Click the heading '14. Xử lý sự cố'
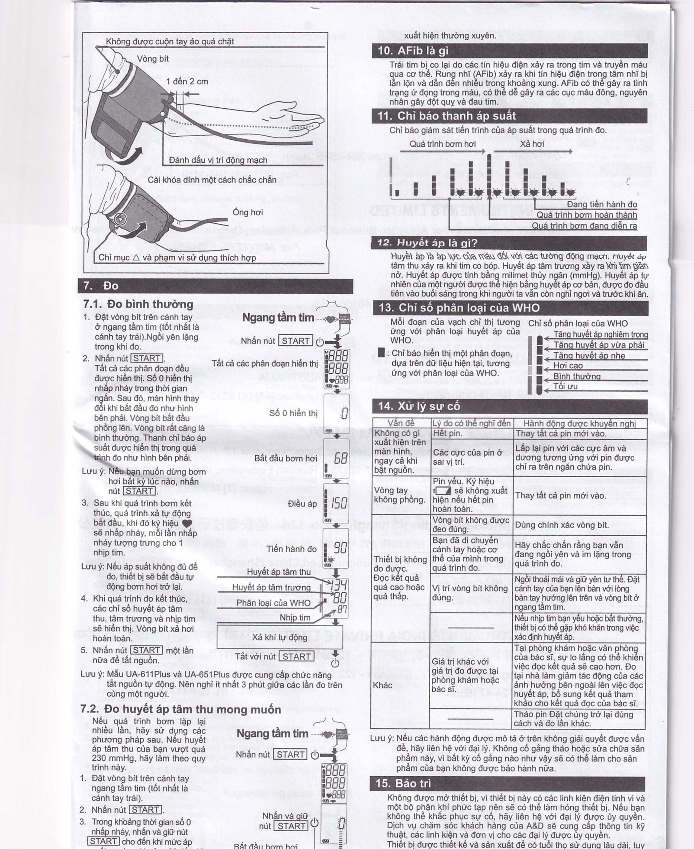[419, 406]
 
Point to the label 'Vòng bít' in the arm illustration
[153, 59]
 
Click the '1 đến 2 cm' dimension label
[187, 82]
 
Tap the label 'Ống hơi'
[248, 212]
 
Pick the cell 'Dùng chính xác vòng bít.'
[562, 525]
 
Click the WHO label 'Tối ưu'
[565, 386]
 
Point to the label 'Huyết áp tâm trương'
[271, 587]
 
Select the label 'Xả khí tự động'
[279, 637]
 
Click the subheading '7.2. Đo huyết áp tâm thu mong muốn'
[181, 709]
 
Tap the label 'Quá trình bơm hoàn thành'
[586, 215]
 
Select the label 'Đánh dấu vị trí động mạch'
[218, 160]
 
